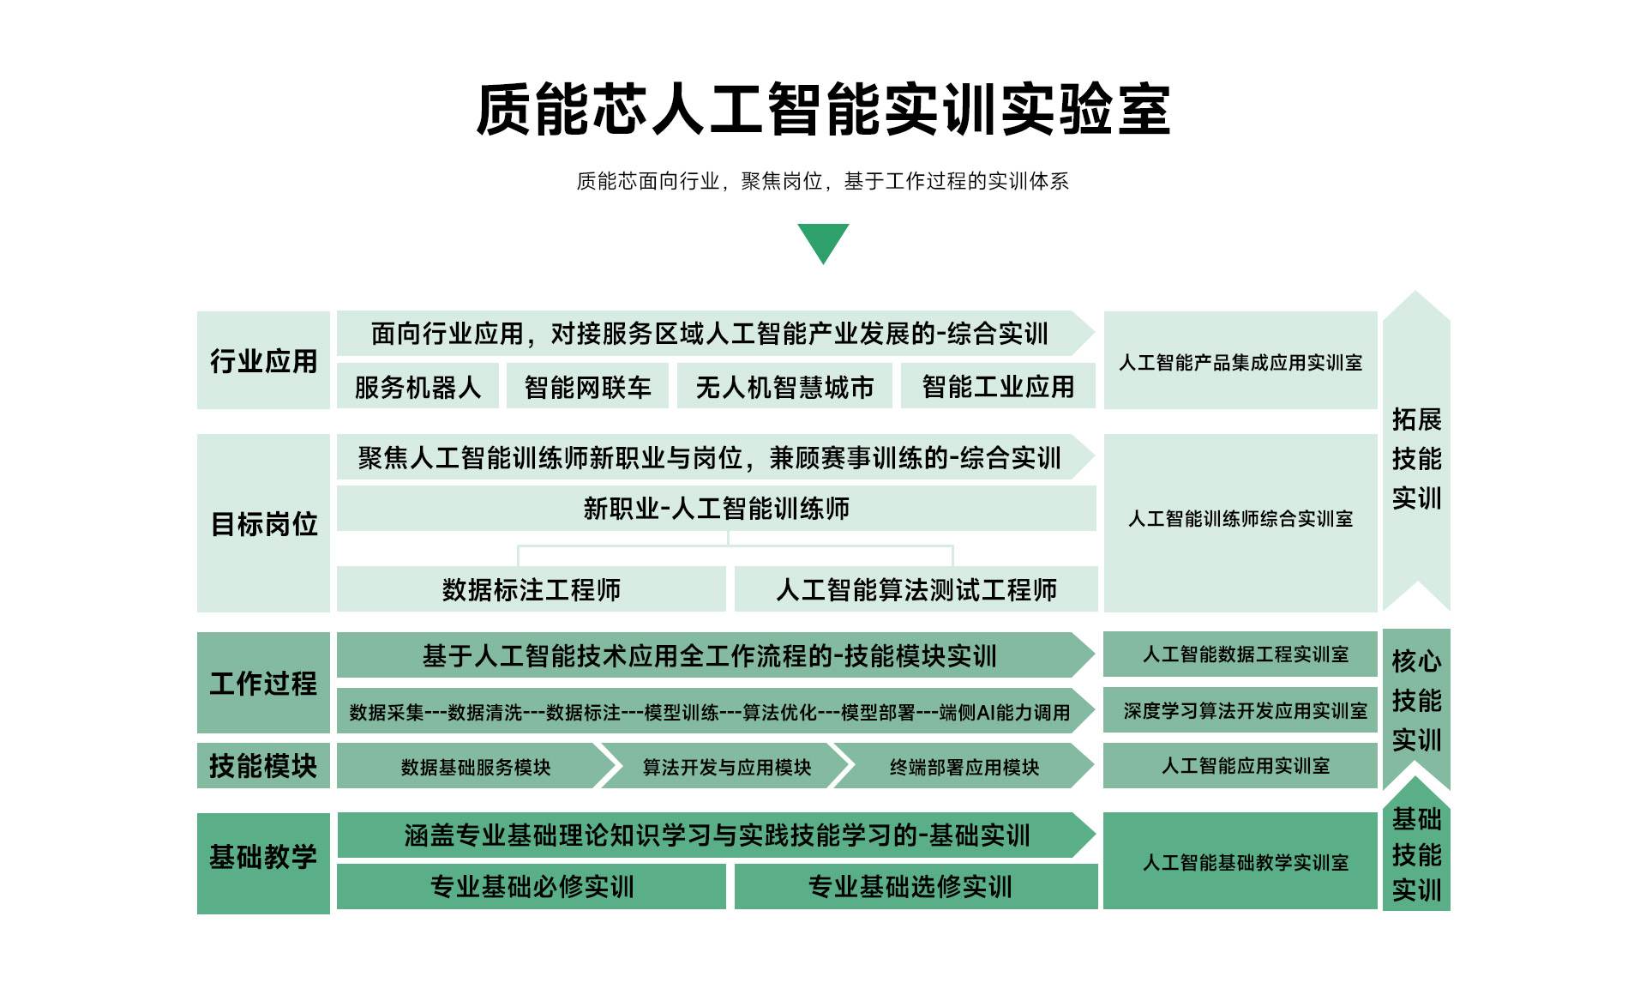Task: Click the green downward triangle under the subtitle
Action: (823, 240)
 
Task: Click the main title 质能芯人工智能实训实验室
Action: (823, 110)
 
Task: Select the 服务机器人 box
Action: (418, 386)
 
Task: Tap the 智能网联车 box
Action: (587, 386)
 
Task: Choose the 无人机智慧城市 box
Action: (784, 386)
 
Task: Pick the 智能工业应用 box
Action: (998, 386)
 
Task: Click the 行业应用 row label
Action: (263, 360)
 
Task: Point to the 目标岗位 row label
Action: (263, 523)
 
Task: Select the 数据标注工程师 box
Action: (532, 589)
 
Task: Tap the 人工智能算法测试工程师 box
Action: (916, 589)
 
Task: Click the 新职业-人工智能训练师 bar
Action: (717, 509)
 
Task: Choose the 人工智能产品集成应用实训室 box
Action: (1241, 360)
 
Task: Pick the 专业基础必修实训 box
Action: (532, 886)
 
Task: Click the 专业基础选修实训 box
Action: (916, 886)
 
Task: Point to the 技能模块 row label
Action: (263, 766)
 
